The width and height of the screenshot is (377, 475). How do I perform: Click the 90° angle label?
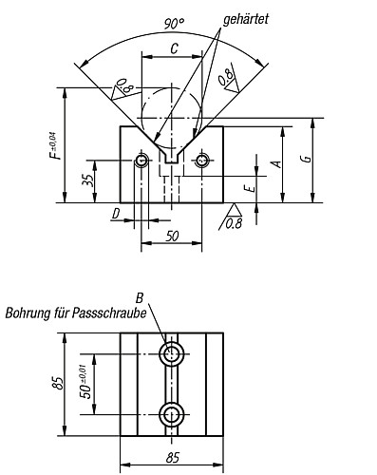click(174, 24)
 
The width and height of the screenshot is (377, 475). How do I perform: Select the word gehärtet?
click(246, 19)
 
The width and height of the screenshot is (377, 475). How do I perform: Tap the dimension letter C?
click(174, 48)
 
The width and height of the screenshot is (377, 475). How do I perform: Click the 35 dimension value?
click(89, 180)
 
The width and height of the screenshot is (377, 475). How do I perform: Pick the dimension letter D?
click(116, 214)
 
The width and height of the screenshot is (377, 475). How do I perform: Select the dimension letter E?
click(251, 189)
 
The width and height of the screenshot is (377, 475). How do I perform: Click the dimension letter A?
click(276, 163)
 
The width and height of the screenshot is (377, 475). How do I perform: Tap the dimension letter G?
click(307, 159)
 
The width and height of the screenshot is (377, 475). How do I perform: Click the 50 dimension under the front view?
click(172, 236)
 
